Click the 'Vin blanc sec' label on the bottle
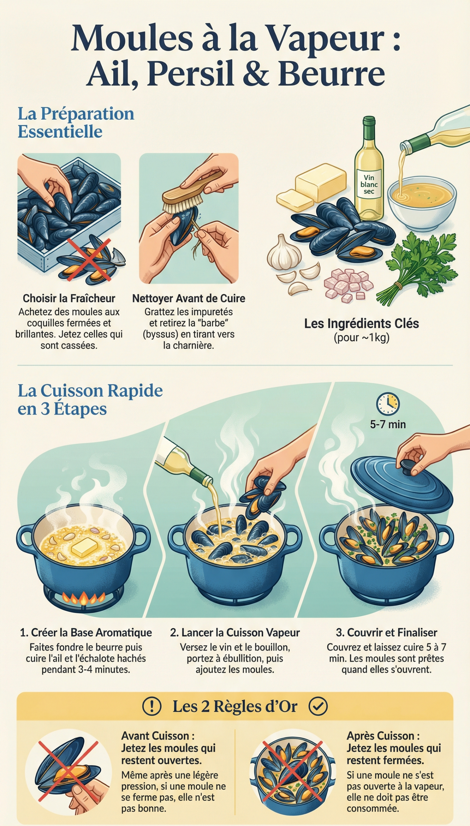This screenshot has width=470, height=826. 369,184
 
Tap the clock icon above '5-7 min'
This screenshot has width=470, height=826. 388,404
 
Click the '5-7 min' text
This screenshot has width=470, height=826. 388,425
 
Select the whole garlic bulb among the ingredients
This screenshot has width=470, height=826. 284,254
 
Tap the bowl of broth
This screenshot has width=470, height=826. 422,201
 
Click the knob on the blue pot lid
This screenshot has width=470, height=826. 408,466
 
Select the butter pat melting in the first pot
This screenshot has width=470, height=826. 84,547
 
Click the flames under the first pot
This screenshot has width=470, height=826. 83,598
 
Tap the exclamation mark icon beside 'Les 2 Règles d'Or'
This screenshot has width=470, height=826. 152,707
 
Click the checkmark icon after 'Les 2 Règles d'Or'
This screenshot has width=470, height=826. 318,706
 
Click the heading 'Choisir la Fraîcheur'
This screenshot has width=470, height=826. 69,298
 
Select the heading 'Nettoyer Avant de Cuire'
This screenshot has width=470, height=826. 188,298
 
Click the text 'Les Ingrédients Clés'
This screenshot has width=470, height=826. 361,323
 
